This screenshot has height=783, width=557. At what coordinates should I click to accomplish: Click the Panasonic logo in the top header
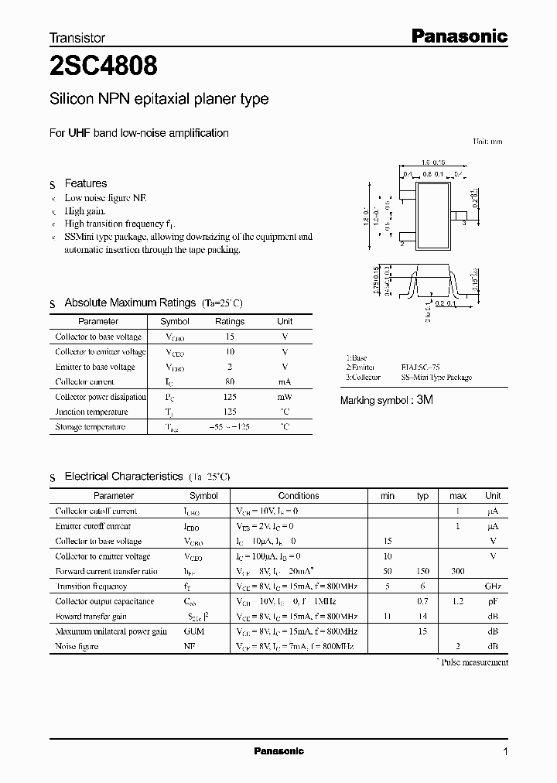(x=458, y=36)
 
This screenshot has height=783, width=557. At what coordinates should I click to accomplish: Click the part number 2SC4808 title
(x=104, y=68)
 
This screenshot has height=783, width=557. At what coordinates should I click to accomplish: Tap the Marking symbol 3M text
(x=388, y=401)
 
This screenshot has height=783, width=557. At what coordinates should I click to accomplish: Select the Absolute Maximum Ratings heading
(x=130, y=303)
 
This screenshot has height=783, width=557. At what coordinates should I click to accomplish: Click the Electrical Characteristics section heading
(x=123, y=477)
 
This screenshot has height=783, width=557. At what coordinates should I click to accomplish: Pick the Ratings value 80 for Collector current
(x=229, y=381)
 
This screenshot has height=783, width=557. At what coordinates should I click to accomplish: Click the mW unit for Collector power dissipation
(x=285, y=397)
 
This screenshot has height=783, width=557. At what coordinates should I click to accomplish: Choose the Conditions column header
(x=299, y=496)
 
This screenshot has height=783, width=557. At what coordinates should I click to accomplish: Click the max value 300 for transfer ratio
(x=457, y=571)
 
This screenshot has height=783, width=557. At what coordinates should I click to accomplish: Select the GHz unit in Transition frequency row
(x=492, y=586)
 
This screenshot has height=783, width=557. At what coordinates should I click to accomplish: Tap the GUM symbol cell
(x=193, y=631)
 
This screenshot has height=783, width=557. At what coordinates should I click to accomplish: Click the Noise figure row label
(x=77, y=646)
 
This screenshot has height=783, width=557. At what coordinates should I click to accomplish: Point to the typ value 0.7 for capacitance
(x=422, y=601)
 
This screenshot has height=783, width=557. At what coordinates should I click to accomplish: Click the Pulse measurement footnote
(x=473, y=662)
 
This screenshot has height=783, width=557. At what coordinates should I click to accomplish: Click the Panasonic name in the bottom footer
(x=279, y=751)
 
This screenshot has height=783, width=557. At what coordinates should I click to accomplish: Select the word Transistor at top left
(x=77, y=37)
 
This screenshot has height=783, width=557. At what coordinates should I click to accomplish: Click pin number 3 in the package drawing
(x=463, y=223)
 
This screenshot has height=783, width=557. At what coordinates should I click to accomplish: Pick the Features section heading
(x=85, y=183)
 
